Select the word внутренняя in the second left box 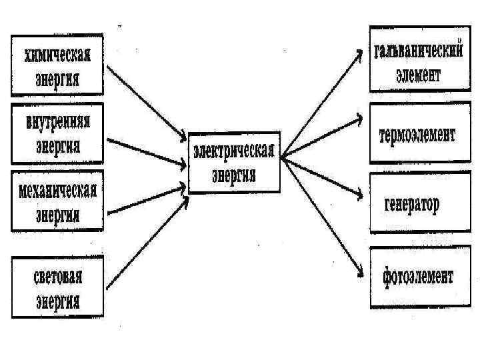click(58, 124)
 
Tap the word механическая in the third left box click(57, 192)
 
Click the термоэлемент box click(414, 136)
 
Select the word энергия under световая click(58, 301)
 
